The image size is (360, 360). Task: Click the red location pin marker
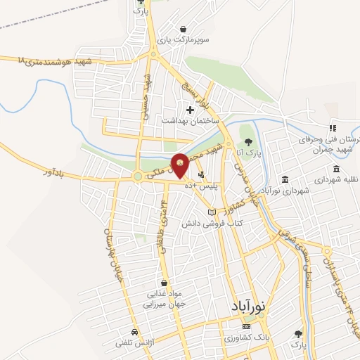(x=180, y=165)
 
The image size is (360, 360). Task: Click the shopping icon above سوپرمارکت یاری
(x=183, y=29)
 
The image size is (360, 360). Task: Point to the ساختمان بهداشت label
(x=191, y=121)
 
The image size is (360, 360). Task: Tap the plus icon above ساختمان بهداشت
(x=190, y=110)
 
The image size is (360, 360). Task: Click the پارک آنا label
(x=248, y=152)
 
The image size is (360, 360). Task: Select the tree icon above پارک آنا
(x=247, y=141)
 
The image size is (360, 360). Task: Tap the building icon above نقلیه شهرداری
(x=337, y=169)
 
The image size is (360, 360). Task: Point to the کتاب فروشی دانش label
(x=212, y=223)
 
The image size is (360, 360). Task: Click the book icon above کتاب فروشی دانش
(x=212, y=212)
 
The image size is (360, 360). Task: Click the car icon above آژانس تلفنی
(x=134, y=331)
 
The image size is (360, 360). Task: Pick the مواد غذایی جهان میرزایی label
(x=164, y=299)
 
